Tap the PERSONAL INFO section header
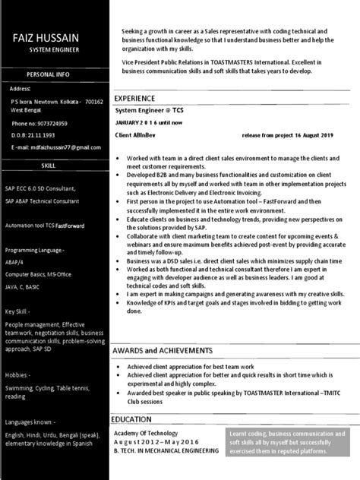[53, 74]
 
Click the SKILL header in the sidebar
[53, 164]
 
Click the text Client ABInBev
[133, 134]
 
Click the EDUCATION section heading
[136, 418]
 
